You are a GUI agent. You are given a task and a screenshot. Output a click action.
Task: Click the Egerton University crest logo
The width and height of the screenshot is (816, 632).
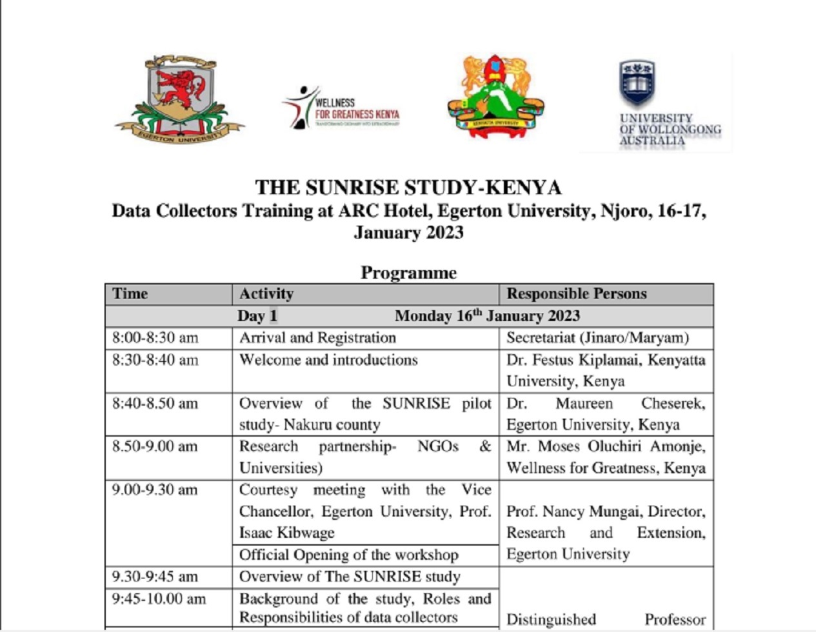(179, 98)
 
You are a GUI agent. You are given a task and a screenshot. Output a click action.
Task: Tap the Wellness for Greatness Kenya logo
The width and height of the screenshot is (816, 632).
(341, 108)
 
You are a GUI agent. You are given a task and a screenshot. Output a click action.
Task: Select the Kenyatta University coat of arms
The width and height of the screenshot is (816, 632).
(495, 97)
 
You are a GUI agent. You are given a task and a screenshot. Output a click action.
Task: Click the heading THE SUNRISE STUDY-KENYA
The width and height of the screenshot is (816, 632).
(408, 188)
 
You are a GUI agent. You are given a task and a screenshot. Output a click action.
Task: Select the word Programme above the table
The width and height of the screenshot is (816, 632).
(408, 273)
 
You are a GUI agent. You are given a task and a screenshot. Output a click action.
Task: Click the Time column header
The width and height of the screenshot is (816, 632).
(130, 294)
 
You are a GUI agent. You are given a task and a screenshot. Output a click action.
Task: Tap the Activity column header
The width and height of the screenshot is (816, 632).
(266, 294)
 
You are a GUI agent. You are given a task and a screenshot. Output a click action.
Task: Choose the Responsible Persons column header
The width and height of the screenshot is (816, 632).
(576, 294)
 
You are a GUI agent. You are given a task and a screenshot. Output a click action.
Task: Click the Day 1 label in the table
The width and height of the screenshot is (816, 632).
(257, 316)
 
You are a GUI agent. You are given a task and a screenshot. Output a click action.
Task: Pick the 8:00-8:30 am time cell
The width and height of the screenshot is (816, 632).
(155, 338)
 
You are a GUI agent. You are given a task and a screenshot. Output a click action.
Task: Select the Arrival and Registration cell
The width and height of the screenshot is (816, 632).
(317, 338)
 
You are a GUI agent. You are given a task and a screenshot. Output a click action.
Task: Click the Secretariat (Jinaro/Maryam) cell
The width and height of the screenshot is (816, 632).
(597, 338)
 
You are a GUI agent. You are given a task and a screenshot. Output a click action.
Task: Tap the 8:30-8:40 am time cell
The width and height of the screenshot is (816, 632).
(155, 360)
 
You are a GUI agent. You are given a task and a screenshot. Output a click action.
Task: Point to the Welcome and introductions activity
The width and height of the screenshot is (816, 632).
(328, 360)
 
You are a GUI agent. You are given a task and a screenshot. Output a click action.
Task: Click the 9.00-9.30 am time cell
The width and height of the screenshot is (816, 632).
(155, 490)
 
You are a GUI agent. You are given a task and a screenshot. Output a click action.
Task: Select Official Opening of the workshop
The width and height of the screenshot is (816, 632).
(348, 555)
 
